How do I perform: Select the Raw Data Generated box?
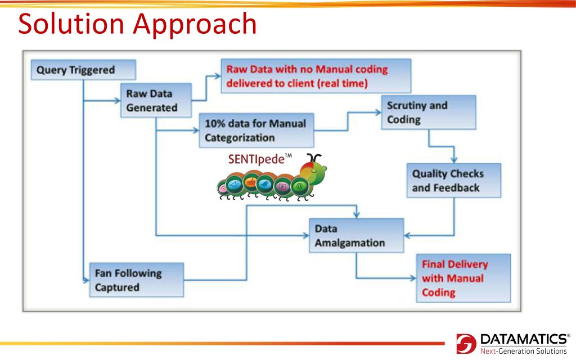pos(155,101)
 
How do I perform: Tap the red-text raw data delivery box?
pos(315,76)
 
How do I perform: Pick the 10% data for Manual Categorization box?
pos(256,131)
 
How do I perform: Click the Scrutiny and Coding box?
pos(429,112)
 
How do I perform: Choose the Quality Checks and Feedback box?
pos(454,181)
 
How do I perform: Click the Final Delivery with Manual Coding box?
pos(462,278)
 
